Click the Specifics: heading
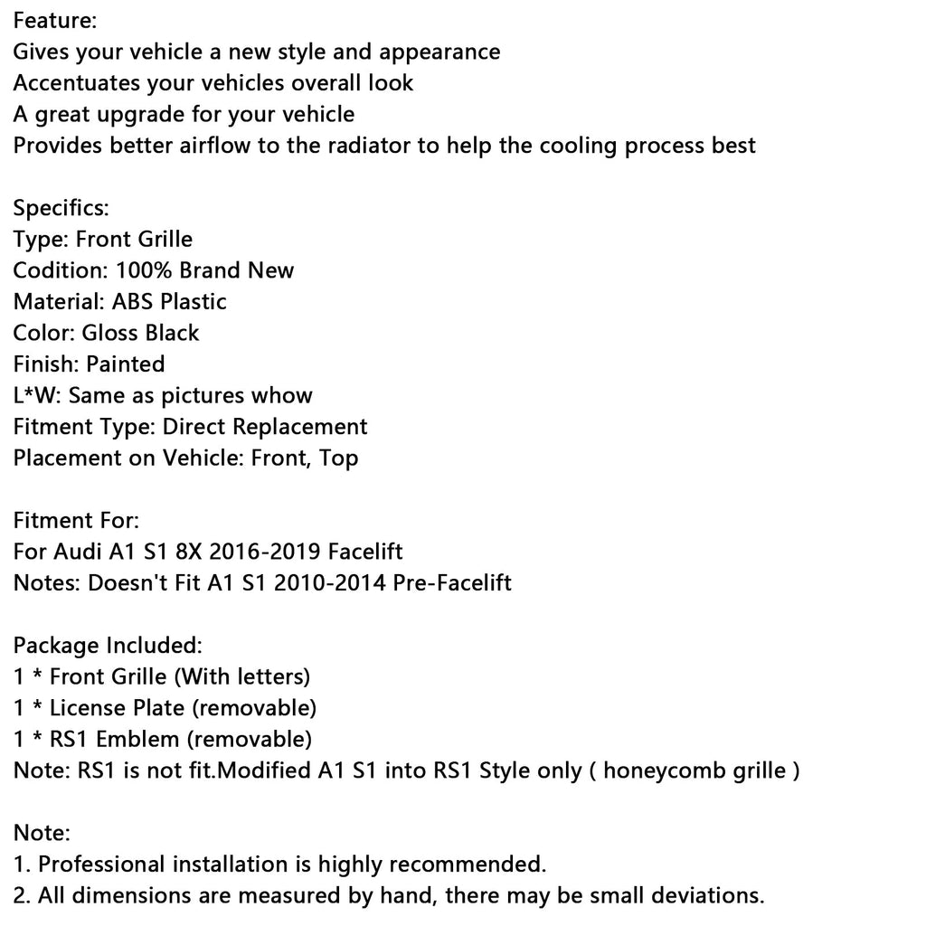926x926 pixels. (61, 208)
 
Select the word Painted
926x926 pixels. (125, 364)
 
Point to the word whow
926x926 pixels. (282, 395)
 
